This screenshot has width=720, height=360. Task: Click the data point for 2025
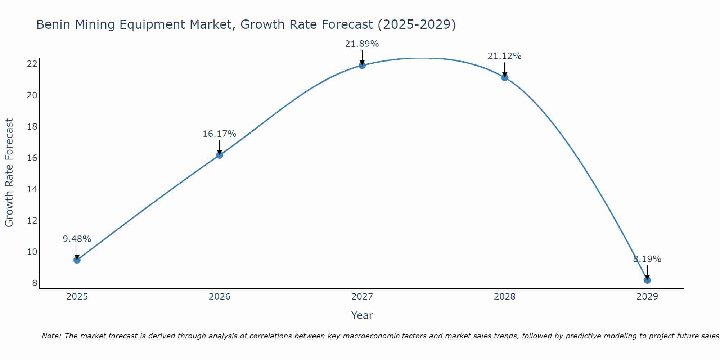77,260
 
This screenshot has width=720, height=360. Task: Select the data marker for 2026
219,155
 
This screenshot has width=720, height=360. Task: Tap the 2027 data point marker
362,65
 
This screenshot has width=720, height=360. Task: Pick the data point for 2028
504,77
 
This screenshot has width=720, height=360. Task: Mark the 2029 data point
647,280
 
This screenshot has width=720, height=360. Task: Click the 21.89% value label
362,44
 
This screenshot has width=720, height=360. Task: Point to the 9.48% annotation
77,239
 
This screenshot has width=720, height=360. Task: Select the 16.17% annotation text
219,134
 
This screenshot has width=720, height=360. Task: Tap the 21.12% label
504,56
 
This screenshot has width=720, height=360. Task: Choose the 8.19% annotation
647,259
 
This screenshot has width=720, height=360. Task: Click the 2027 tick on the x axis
362,297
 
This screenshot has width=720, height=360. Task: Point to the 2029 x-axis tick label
647,297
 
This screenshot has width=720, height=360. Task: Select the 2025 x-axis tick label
77,297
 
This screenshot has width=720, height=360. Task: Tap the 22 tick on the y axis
32,64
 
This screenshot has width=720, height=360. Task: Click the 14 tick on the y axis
32,189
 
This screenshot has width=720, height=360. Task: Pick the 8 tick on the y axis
35,283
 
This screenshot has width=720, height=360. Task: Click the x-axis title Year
362,315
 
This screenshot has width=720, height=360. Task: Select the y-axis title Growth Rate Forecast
9,173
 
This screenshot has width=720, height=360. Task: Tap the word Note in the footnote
51,336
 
